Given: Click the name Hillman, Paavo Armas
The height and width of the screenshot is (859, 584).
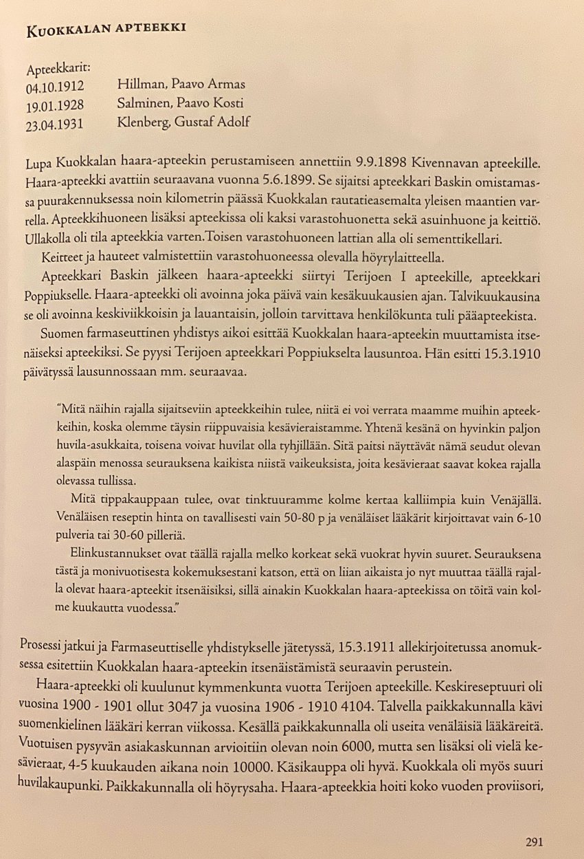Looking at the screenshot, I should click(x=181, y=85).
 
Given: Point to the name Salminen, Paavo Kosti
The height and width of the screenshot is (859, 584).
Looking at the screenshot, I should click(x=181, y=104).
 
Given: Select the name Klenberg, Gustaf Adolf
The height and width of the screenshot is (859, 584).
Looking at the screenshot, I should click(x=183, y=122).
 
